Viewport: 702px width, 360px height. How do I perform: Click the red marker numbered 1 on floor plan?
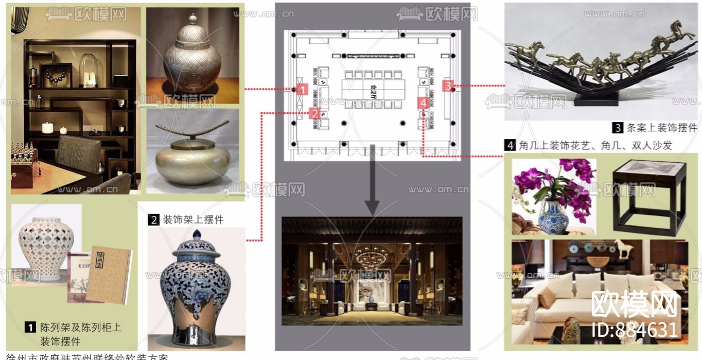tap(303, 90)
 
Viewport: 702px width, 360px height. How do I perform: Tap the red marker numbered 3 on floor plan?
tap(449, 85)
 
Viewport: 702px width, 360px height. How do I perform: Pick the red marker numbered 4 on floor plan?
tap(423, 103)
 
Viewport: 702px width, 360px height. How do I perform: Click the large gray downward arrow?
tap(372, 180)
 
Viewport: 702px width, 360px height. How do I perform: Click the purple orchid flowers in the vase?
tap(571, 185)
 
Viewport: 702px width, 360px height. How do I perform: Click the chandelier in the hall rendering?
tap(372, 255)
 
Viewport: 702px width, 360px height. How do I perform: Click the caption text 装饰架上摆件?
tap(193, 219)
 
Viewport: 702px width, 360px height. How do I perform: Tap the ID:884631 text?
tap(634, 329)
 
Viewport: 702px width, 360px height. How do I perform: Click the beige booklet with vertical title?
tap(107, 273)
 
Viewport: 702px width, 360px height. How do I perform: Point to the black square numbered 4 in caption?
tap(509, 146)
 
